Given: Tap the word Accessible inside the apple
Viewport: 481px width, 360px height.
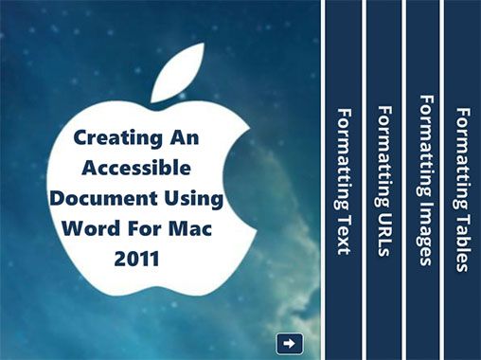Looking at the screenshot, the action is [136, 168].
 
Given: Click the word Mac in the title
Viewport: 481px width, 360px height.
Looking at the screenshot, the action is [189, 228].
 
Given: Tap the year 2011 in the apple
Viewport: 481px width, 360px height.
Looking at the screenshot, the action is [136, 259].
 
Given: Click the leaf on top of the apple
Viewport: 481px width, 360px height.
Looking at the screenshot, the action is [177, 73].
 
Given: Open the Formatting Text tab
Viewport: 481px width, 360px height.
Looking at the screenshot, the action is [344, 180].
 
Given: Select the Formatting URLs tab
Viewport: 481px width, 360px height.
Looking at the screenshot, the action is [384, 180].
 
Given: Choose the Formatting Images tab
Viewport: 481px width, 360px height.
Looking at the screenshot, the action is [425, 180].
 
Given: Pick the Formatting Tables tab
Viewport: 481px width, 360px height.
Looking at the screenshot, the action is [463, 180].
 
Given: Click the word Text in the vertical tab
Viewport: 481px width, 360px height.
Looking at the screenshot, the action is [344, 235].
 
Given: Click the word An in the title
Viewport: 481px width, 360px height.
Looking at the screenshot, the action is [185, 137].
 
